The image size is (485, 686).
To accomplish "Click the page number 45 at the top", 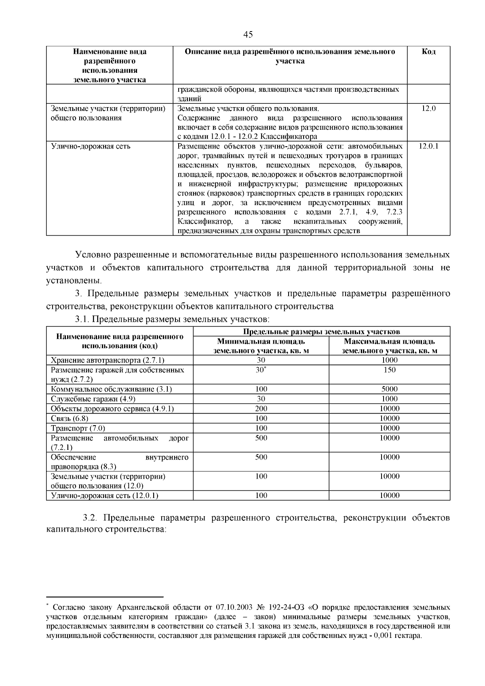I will [248, 35].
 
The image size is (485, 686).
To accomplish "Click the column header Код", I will [428, 52].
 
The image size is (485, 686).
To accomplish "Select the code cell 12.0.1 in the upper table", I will [428, 146].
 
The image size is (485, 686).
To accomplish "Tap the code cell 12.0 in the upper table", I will [428, 108].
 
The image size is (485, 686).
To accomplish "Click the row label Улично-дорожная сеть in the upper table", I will [91, 146].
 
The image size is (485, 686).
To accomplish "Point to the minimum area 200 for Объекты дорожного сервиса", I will [261, 409].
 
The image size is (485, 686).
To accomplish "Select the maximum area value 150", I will [390, 370].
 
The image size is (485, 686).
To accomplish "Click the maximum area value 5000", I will [390, 389].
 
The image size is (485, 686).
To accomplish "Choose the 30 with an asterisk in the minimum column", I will [261, 370].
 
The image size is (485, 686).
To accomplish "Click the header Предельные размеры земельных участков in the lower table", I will [322, 332].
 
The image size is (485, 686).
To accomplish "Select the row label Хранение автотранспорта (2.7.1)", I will [108, 360].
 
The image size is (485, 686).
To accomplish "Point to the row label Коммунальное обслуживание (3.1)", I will [112, 389].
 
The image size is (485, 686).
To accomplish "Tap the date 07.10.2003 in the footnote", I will [234, 608].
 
